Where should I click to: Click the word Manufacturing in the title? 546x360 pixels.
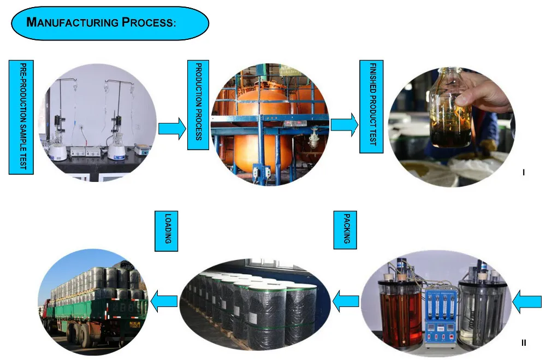(72, 23)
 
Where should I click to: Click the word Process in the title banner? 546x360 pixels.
(148, 23)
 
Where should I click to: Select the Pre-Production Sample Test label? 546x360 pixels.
(21, 117)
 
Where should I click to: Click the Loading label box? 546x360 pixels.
(167, 231)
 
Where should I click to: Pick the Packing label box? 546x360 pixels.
(345, 231)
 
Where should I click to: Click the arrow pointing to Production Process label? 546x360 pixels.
(172, 129)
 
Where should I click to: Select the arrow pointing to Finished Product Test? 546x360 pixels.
(344, 123)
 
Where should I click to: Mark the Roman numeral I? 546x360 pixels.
(524, 173)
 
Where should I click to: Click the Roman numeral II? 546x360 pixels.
(524, 343)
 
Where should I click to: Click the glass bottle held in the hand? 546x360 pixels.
(450, 109)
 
